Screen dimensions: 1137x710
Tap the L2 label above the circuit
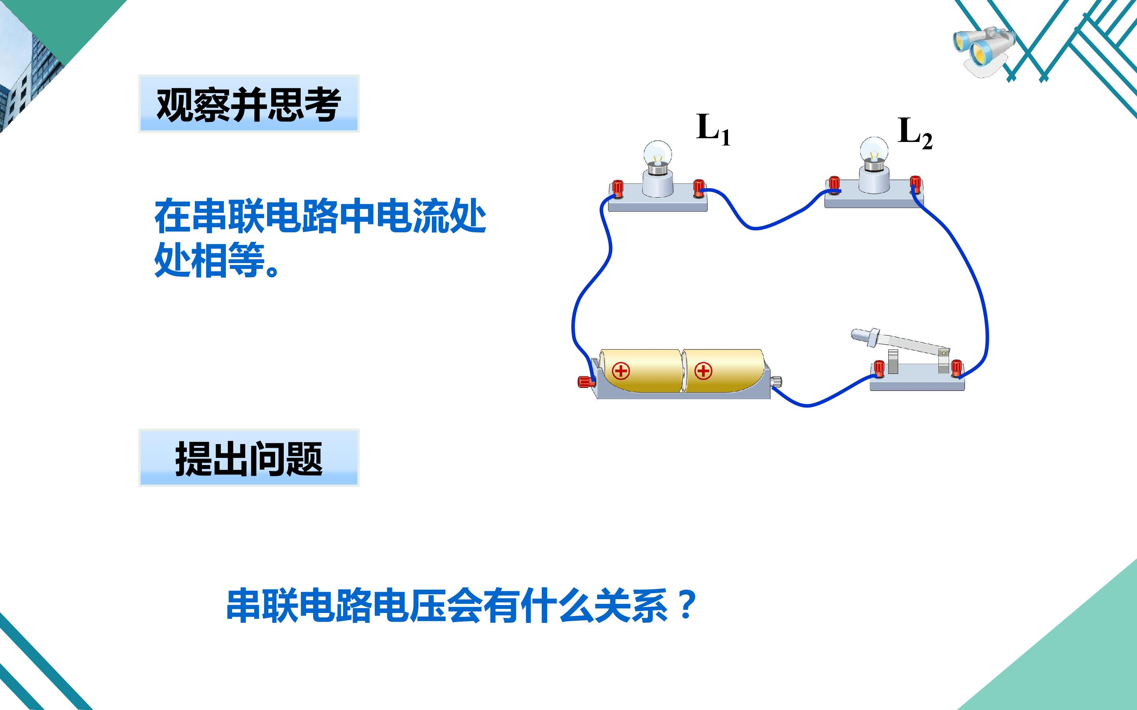pos(915,133)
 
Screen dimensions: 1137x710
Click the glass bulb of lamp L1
pos(657,153)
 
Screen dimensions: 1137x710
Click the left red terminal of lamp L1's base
pos(617,189)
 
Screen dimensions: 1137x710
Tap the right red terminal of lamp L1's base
pos(699,188)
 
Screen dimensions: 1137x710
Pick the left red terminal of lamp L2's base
pos(834,185)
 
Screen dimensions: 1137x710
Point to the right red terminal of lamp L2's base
pos(915,184)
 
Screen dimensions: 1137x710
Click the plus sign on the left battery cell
pos(621,371)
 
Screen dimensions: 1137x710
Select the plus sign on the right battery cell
pos(704,371)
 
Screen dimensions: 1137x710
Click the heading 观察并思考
pos(249,104)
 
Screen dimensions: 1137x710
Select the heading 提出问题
pos(249,459)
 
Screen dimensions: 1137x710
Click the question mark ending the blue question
pos(687,605)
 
